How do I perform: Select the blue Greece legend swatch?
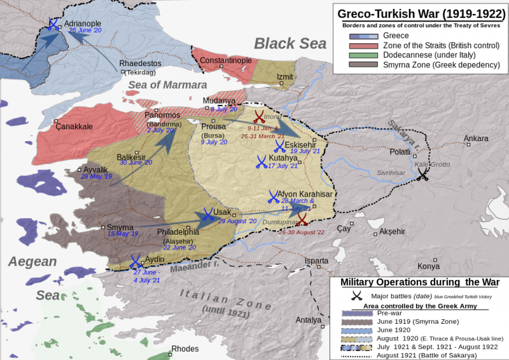(364, 36)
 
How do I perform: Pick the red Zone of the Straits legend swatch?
(364, 46)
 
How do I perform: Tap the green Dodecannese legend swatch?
(364, 55)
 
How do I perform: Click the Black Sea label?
(290, 43)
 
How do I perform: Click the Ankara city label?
(476, 139)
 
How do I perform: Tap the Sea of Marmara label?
(167, 85)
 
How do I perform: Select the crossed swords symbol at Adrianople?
(54, 25)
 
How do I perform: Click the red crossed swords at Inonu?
(259, 116)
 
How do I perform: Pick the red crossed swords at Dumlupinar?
(302, 219)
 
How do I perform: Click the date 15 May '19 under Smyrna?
(123, 234)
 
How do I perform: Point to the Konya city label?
(428, 266)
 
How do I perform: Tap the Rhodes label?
(185, 349)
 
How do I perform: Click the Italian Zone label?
(221, 296)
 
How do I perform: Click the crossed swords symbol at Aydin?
(136, 261)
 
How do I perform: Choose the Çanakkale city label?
(74, 127)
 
